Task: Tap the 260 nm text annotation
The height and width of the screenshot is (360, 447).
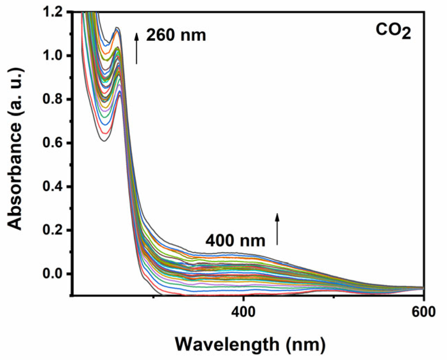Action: pos(176,35)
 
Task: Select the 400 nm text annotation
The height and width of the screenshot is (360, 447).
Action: pos(235,241)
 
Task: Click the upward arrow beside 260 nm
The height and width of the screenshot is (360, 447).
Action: pos(137,48)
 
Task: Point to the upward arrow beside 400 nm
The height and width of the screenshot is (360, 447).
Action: pos(277,229)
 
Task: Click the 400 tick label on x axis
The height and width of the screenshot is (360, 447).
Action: pos(243,312)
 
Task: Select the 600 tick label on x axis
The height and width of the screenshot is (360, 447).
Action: pos(423,312)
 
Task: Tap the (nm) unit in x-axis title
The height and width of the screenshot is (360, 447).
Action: pos(305,345)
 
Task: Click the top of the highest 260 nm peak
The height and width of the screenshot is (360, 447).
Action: pos(117,28)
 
